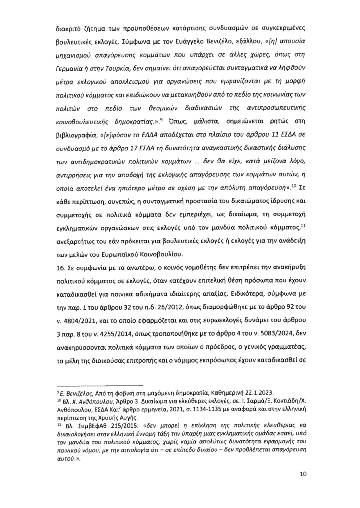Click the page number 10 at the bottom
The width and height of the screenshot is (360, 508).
(x=303, y=474)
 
